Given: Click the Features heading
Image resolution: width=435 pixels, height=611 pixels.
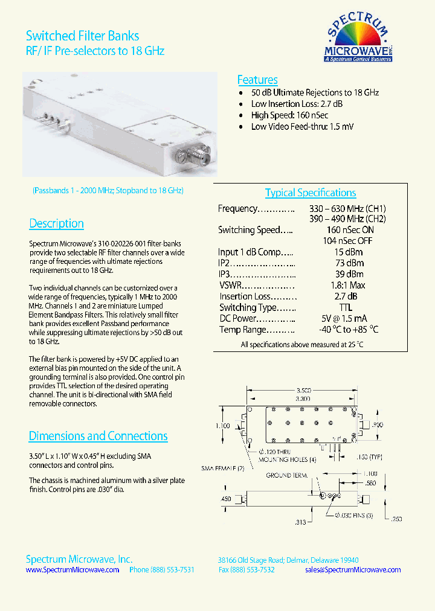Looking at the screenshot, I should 257,80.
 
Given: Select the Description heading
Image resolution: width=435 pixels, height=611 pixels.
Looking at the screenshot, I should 56,223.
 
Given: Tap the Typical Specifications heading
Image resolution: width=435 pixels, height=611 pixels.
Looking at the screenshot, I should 311,193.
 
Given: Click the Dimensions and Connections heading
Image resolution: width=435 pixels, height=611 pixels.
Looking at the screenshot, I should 98,436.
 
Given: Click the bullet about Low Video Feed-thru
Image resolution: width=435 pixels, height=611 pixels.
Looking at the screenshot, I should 302,127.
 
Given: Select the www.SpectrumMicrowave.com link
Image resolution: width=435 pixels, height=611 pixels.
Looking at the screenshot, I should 72,570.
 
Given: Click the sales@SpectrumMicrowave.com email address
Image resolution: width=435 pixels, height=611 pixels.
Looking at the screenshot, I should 353,570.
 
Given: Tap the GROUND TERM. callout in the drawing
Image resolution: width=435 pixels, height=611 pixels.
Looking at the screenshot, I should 287,476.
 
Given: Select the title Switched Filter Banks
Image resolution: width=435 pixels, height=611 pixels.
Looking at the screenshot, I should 83,37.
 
